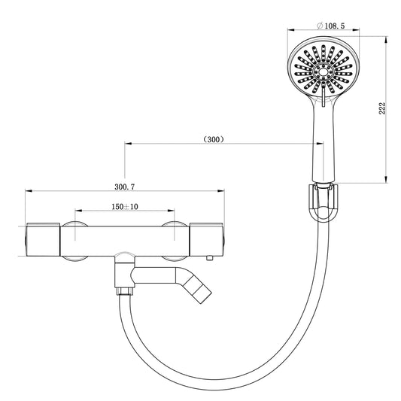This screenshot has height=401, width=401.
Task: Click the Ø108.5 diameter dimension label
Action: [x=331, y=26]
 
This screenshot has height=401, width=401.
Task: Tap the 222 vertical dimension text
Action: [x=381, y=108]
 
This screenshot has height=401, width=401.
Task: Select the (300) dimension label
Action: [x=214, y=139]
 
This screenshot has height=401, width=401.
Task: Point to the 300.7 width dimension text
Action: [x=125, y=187]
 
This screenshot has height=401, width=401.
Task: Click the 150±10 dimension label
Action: [x=125, y=206]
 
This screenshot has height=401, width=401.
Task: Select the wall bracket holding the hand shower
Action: [x=324, y=202]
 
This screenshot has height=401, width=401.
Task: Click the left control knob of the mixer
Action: [x=42, y=240]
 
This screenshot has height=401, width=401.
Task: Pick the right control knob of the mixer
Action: [x=207, y=240]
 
